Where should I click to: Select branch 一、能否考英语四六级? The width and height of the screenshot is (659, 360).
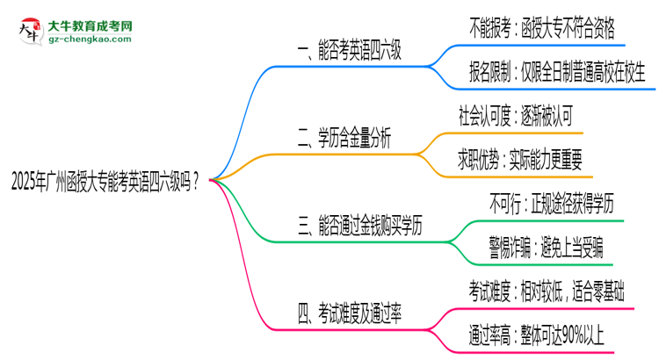(x=349, y=52)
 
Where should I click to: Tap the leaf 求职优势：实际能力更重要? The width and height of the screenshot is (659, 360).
(x=526, y=159)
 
